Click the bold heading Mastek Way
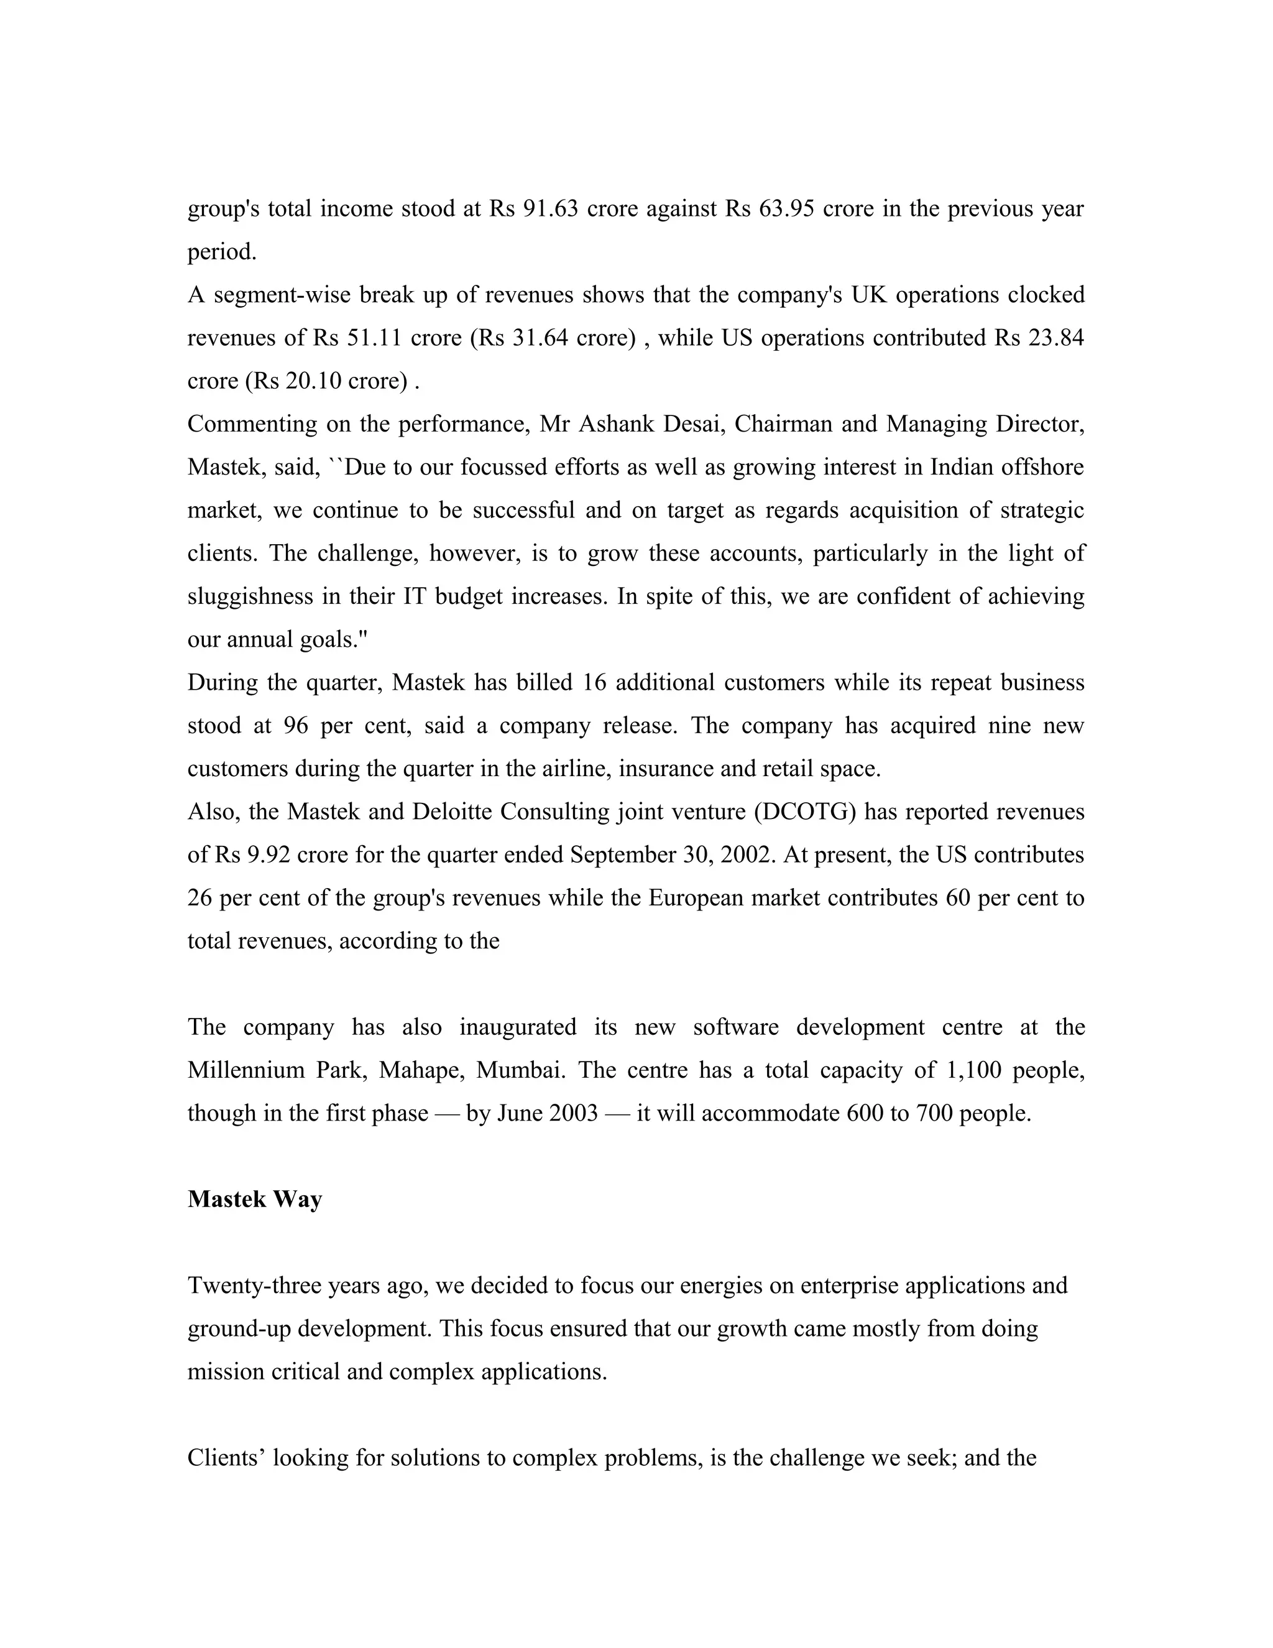(254, 1200)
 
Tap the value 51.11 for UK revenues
(374, 338)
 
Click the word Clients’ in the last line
(226, 1458)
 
